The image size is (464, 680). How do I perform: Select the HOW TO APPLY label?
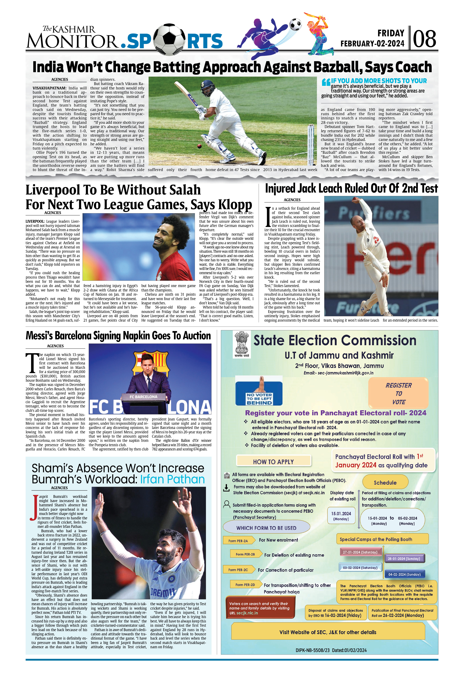click(273, 462)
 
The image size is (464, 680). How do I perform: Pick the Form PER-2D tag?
click(245, 585)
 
